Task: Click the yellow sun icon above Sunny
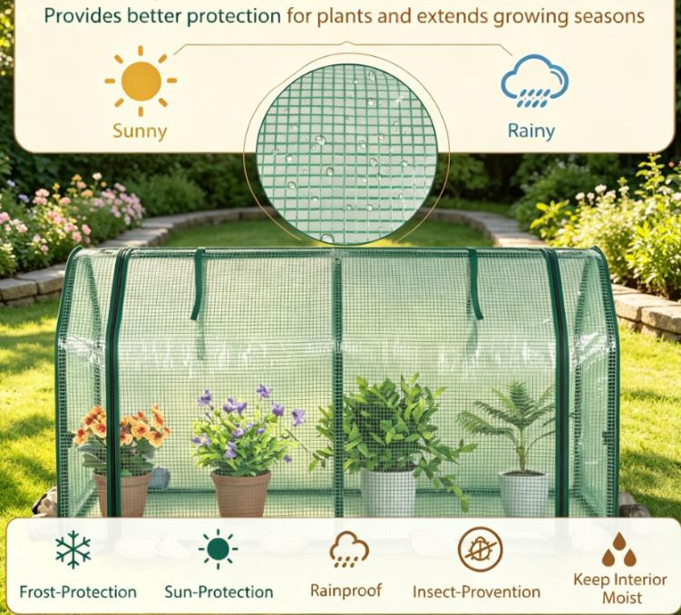(141, 82)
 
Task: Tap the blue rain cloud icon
(534, 81)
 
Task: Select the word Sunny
(140, 132)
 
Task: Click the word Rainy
(531, 131)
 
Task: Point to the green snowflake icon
(73, 550)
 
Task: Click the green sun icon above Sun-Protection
(218, 550)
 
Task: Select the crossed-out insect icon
(480, 550)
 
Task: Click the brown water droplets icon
(619, 550)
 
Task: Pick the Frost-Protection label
(78, 592)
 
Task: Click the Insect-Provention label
(476, 591)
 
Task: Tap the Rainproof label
(346, 591)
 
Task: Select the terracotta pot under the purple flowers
(240, 493)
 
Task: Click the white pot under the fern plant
(523, 493)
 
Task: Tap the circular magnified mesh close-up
(346, 153)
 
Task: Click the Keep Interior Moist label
(620, 589)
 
